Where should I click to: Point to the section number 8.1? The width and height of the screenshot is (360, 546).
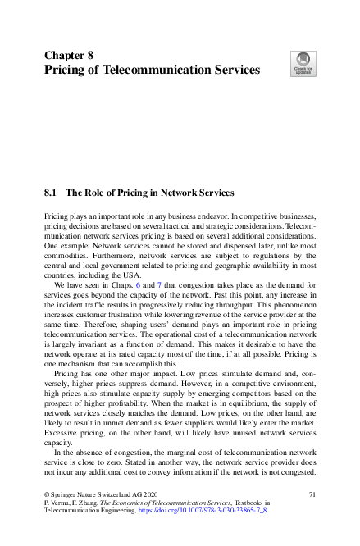(x=51, y=193)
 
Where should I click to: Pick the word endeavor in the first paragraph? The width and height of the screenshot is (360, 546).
(x=206, y=214)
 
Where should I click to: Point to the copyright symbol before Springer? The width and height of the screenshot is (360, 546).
(x=47, y=494)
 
